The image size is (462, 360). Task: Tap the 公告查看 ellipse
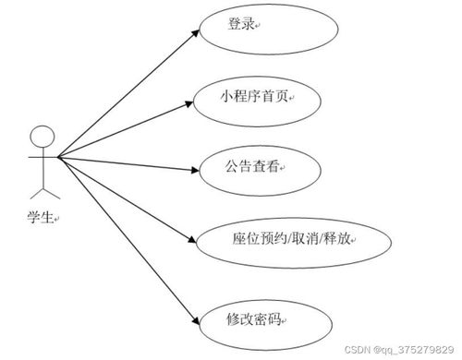[249, 170]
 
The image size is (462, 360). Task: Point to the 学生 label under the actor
[41, 218]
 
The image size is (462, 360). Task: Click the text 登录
[241, 25]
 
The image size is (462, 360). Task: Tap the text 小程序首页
[253, 96]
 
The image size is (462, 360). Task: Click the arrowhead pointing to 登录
[196, 31]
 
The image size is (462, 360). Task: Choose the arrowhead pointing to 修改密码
[196, 320]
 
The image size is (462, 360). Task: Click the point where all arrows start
[57, 158]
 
